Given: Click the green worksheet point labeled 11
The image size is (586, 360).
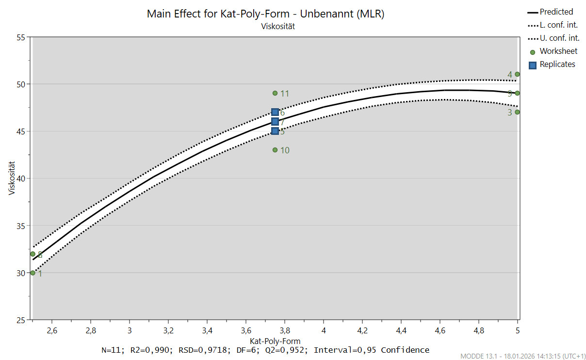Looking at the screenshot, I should point(275,93).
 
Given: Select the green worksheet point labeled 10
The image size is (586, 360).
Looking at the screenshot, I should point(275,150).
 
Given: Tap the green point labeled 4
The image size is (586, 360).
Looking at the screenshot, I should point(518,74).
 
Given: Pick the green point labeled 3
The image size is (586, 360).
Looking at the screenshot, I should point(518,112).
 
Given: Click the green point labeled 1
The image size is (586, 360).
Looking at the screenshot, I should point(33,273).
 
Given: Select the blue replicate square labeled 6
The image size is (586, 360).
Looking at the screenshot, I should point(275,112).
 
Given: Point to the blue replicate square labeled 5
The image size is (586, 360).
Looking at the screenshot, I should point(275,131).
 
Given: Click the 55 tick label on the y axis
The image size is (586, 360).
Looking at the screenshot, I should point(20,37).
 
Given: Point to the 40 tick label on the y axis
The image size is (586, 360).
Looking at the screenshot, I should point(20,179).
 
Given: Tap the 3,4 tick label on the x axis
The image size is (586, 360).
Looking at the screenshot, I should point(207,331).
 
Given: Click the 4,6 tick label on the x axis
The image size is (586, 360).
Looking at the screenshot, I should point(440,331).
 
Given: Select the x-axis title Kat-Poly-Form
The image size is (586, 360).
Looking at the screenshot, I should point(275,341).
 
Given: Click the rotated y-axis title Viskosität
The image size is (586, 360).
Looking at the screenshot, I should point(12,179).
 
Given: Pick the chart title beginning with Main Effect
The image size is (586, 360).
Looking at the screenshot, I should point(265,14).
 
